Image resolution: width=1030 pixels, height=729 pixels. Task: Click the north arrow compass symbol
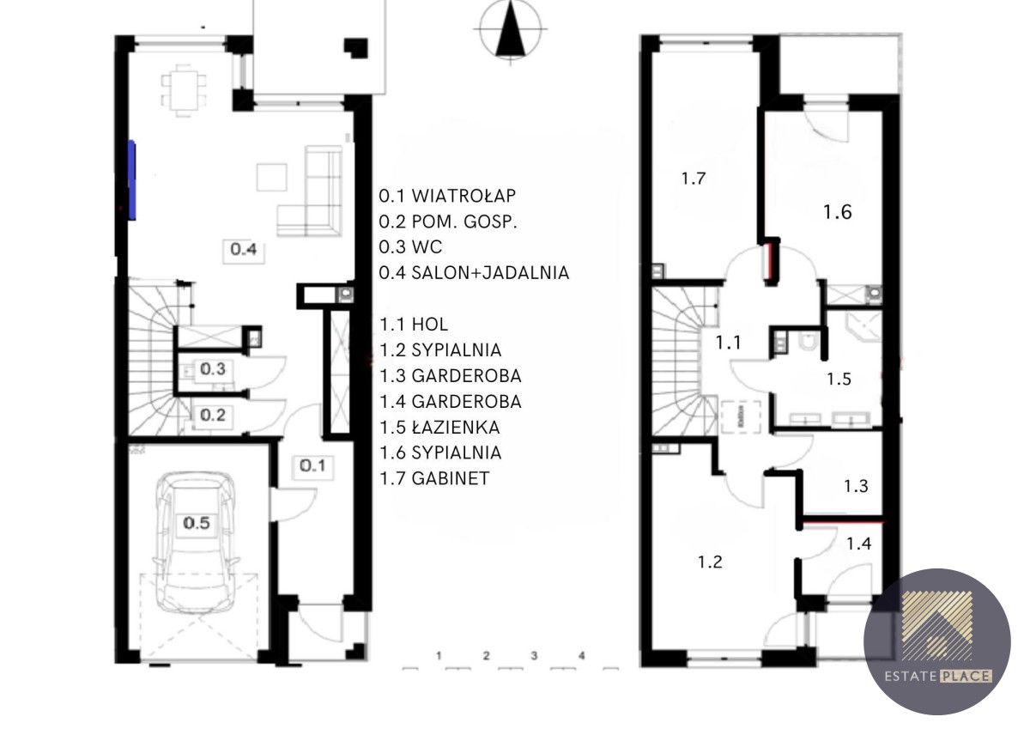(x=511, y=32)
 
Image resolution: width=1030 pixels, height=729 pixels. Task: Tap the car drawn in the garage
(x=196, y=542)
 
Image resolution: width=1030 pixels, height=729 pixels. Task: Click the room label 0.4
(x=243, y=249)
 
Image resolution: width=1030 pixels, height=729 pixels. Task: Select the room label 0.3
(x=213, y=369)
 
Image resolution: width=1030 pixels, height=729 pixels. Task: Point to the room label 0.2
(x=213, y=416)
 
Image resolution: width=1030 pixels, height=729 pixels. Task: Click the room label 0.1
(x=312, y=466)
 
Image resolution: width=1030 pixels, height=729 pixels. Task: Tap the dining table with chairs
(x=184, y=91)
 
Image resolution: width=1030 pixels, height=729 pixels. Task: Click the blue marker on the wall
(x=131, y=179)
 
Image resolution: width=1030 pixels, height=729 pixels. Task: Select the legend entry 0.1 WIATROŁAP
(x=447, y=196)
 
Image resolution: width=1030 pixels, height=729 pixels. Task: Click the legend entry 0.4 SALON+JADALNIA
(x=474, y=273)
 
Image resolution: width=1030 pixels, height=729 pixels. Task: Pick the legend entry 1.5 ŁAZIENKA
(x=440, y=428)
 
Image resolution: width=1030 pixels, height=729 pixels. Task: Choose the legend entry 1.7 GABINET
(x=434, y=478)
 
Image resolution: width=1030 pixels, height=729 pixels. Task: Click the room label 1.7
(x=694, y=179)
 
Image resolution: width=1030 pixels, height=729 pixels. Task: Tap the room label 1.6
(x=838, y=212)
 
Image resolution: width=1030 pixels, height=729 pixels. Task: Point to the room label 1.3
(x=857, y=486)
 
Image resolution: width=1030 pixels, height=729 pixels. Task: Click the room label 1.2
(x=711, y=562)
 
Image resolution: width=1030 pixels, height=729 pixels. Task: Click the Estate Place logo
(x=937, y=641)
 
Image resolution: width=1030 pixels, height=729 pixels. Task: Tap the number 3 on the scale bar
(x=534, y=655)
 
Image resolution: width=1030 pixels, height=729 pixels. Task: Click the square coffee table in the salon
(x=272, y=177)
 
